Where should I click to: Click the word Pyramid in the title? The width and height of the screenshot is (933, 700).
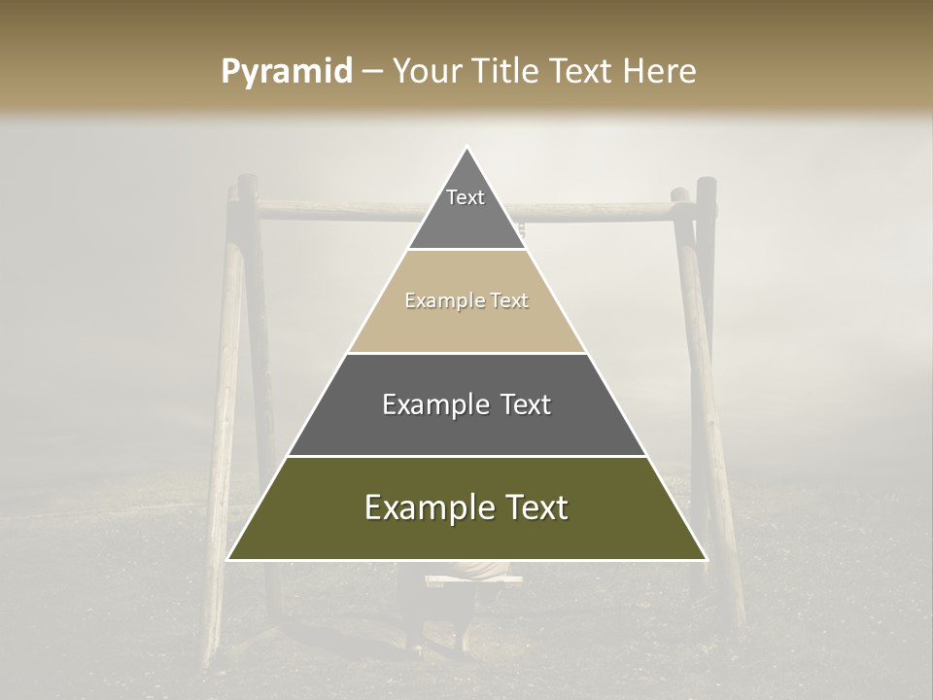[x=286, y=72]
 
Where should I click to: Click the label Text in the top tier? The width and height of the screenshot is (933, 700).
[x=466, y=197]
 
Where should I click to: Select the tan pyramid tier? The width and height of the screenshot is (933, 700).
[x=466, y=326]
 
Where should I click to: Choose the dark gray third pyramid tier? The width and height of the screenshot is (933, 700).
[x=466, y=428]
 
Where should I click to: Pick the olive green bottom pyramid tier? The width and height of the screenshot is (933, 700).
[x=466, y=533]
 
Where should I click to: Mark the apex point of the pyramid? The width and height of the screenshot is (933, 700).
[x=467, y=148]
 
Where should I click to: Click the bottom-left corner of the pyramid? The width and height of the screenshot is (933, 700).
[x=228, y=559]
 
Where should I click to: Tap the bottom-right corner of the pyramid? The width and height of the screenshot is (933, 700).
[x=706, y=559]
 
